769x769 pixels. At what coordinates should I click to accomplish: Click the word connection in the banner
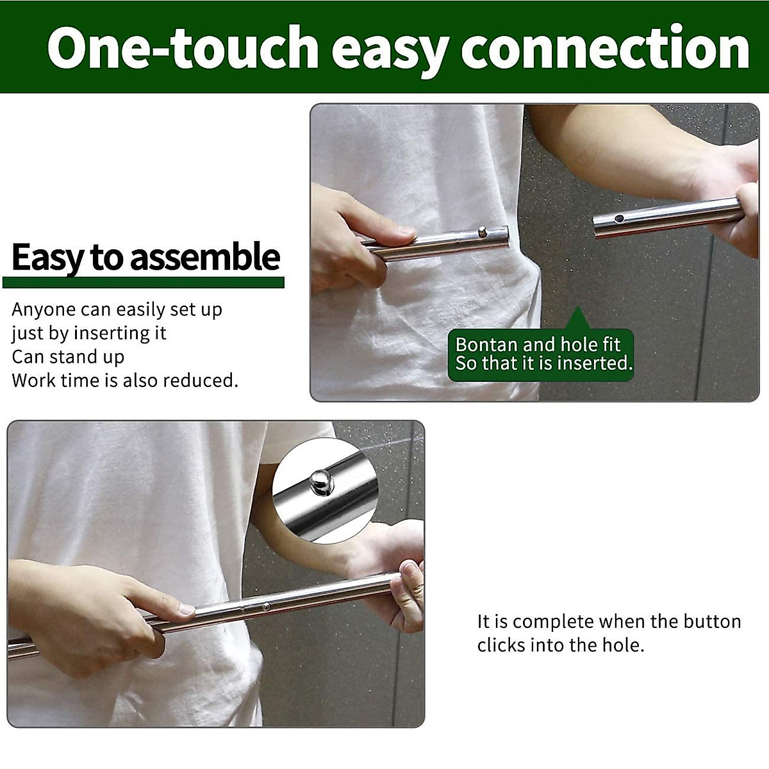(x=605, y=47)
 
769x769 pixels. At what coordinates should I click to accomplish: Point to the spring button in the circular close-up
(x=320, y=479)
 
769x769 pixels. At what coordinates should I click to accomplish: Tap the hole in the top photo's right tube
(x=618, y=219)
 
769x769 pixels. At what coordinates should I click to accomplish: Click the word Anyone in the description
(x=44, y=310)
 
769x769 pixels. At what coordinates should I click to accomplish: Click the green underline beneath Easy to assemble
(x=143, y=283)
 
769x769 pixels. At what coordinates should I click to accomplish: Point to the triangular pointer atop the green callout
(x=577, y=318)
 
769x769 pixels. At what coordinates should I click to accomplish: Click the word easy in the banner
(x=390, y=47)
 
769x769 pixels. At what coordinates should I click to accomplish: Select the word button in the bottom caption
(x=712, y=622)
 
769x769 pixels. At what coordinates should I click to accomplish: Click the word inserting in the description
(x=112, y=333)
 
